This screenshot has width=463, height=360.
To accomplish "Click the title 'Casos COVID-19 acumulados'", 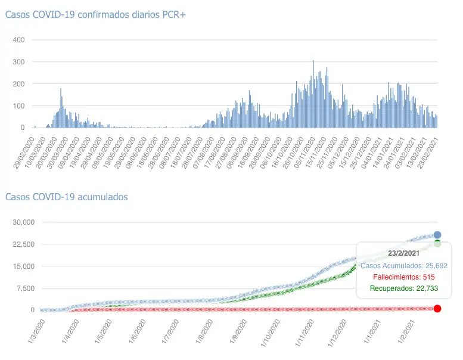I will pos(66,197).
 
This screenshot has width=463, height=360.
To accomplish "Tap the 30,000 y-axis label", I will pos(24,222).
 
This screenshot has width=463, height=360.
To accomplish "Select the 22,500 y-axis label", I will pos(24,244).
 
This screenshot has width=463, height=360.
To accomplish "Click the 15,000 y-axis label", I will pos(24,266).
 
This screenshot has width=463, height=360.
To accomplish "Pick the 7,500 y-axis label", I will pos(26,288).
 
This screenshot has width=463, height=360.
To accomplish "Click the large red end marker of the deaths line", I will pos(437,308).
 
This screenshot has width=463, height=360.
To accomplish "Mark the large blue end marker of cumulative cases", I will pos(437,235).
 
